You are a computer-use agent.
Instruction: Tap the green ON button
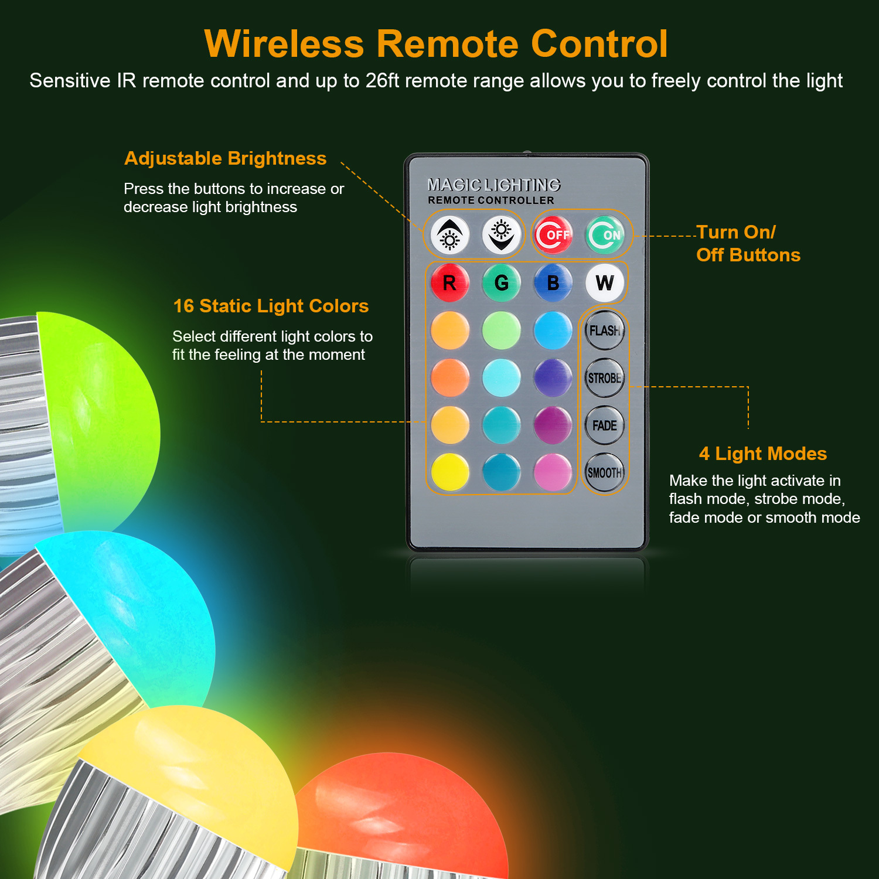pos(605,235)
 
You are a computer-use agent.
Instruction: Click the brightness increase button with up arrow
pos(450,235)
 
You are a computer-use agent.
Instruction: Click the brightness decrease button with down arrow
pos(502,235)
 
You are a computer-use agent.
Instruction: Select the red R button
pos(450,283)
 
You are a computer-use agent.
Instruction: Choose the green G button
pos(502,283)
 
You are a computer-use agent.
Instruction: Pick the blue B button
pos(553,283)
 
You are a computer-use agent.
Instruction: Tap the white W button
pos(605,283)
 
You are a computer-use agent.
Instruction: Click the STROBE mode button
pos(605,378)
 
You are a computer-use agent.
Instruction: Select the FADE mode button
pos(605,425)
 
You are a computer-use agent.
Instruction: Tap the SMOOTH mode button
pos(605,472)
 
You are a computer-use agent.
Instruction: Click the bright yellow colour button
pos(450,472)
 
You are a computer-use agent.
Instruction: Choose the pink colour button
pos(553,472)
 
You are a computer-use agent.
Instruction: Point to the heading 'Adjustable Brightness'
pos(226,158)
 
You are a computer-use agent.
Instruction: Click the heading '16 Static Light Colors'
pos(271,306)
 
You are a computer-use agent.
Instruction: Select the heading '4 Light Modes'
pos(763,454)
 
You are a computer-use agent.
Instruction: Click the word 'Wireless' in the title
pos(284,44)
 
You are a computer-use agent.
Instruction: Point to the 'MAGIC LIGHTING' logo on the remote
pos(493,185)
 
